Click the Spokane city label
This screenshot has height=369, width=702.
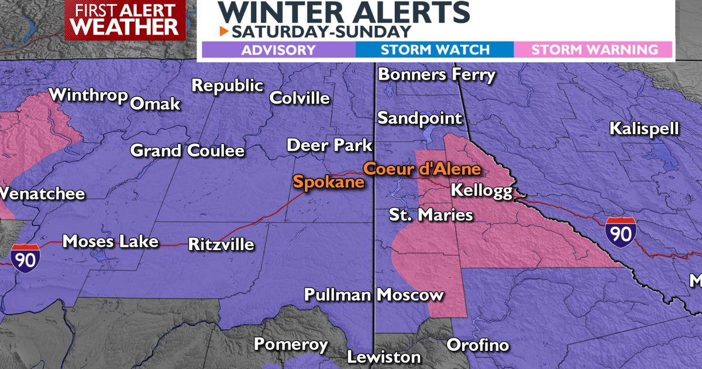328,182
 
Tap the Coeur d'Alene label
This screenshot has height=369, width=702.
422,169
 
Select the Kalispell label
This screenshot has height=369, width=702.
644,129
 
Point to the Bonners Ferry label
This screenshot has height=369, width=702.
437,75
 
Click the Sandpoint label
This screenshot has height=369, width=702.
419,118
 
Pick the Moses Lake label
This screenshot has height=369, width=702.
110,241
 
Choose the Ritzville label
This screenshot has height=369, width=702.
221,244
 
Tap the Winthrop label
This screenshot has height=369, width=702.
88,95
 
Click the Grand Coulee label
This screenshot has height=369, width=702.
187,151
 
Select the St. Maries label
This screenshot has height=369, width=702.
431,215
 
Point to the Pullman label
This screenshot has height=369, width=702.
338,295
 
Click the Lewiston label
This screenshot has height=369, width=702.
384,357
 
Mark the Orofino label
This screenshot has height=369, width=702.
478,345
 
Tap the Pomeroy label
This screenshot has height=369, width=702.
291,344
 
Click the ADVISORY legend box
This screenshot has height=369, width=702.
278,50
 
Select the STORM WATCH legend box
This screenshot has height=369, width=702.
435,50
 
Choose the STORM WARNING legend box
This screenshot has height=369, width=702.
594,50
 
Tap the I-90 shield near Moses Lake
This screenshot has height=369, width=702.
25,258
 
